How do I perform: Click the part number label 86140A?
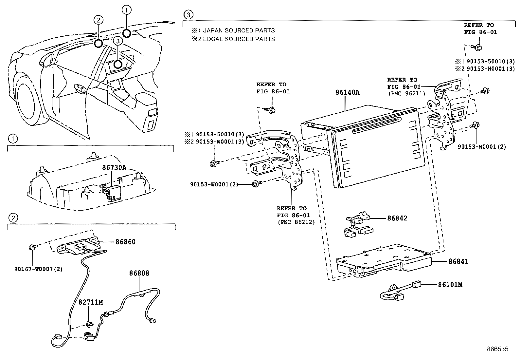tap(347, 92)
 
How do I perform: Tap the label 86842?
tap(397, 218)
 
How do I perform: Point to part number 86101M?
tap(450, 285)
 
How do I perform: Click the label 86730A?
tap(114, 167)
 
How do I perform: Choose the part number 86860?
tap(125, 242)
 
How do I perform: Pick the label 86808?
tap(139, 273)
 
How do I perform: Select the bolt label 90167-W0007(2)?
tap(38, 269)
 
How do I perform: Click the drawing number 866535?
tap(497, 349)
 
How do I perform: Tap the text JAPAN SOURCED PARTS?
tap(239, 30)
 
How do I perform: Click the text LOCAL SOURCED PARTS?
tap(239, 39)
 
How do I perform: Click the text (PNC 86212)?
tap(296, 222)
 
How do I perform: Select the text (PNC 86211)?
tap(406, 93)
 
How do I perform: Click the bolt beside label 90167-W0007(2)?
tap(32, 247)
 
